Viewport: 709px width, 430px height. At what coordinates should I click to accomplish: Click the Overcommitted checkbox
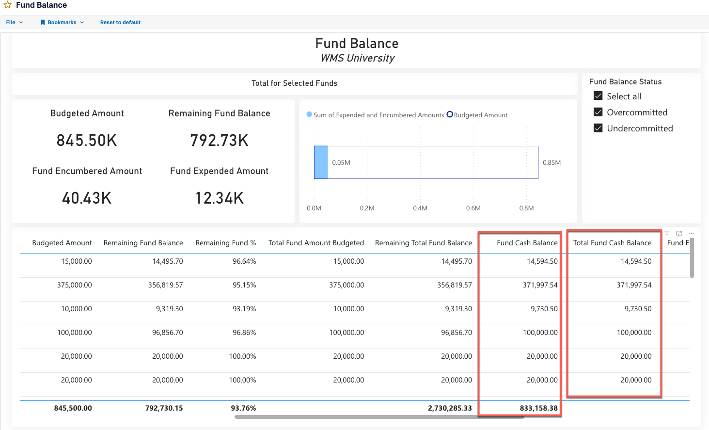point(598,112)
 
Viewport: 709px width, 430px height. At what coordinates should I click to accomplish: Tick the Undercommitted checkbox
point(598,128)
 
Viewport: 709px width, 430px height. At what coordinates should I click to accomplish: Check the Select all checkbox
point(598,96)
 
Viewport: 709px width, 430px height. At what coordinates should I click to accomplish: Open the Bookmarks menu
point(62,22)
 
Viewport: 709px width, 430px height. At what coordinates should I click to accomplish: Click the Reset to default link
point(120,22)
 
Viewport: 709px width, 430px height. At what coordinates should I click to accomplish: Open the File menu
point(14,22)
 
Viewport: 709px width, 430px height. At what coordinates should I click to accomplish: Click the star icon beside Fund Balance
point(8,5)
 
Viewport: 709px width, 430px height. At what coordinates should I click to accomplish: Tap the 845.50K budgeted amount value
point(87,141)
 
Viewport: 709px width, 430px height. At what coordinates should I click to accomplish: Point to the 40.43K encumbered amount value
point(87,198)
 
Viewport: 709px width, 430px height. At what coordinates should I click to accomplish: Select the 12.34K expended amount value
point(219,198)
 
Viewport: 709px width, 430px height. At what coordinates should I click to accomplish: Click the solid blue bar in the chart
point(321,162)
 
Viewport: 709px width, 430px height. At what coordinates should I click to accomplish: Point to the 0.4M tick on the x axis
point(420,208)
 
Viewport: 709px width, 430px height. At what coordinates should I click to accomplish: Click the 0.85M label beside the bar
point(551,163)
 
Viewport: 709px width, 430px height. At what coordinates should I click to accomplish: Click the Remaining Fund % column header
point(225,243)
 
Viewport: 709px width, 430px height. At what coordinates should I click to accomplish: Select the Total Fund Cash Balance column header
point(612,243)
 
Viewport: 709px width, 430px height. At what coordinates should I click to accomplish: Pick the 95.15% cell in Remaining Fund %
point(244,285)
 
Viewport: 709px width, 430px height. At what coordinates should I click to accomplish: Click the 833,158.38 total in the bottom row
point(538,408)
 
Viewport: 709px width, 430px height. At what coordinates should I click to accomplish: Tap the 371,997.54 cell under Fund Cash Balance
point(540,285)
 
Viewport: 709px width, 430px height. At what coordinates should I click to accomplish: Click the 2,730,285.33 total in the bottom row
point(450,408)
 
